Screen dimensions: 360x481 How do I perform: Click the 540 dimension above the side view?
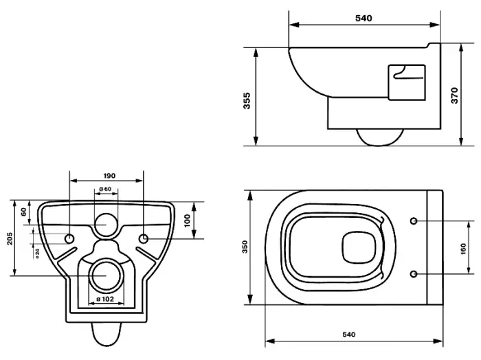click(x=363, y=19)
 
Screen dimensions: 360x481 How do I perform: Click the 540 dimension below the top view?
click(x=348, y=335)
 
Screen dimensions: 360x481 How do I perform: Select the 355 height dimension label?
click(x=247, y=100)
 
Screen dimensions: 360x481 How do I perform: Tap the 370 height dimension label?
click(x=454, y=96)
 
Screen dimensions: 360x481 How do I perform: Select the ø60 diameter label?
click(x=105, y=189)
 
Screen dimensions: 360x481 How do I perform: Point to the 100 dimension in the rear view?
click(x=187, y=221)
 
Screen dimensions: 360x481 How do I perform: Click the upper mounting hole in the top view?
click(x=414, y=221)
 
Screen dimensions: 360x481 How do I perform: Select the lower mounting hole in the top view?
click(x=414, y=273)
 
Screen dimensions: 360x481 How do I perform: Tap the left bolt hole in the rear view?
click(x=69, y=238)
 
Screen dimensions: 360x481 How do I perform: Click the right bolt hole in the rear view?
click(x=144, y=238)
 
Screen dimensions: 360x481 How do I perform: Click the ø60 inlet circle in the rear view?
click(x=105, y=224)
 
